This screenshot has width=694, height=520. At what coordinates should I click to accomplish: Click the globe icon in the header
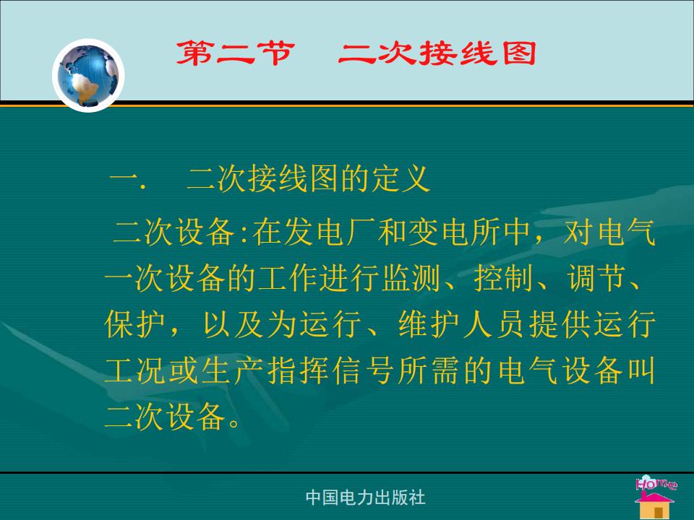(x=88, y=75)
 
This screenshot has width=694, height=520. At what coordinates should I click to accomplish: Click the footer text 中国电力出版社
(x=365, y=498)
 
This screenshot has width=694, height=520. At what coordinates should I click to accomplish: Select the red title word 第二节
(x=235, y=53)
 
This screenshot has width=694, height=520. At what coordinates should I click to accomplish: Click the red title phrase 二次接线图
(x=437, y=53)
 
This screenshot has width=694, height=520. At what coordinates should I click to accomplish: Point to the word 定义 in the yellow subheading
(x=401, y=178)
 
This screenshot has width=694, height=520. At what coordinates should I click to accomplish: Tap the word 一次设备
(x=166, y=279)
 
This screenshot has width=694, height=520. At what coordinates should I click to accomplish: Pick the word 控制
(x=504, y=279)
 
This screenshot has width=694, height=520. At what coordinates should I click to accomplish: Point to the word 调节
(x=596, y=279)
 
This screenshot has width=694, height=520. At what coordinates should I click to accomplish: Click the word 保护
(x=135, y=324)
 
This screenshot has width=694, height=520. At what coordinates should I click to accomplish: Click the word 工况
(x=135, y=370)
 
